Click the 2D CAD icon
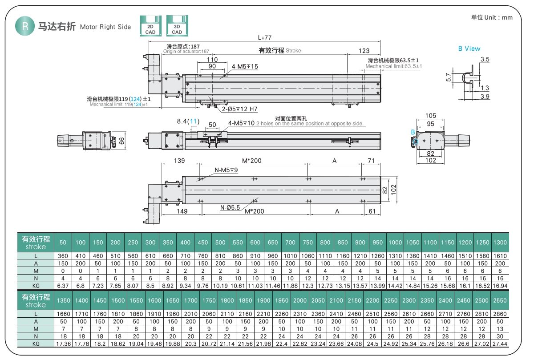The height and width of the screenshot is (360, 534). point(150,26)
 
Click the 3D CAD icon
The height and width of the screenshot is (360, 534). point(177,26)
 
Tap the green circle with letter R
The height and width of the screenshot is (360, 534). point(25,26)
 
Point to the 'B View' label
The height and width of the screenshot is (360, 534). point(469,49)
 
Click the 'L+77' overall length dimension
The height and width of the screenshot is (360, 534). point(264,37)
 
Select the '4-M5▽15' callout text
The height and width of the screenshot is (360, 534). point(245,66)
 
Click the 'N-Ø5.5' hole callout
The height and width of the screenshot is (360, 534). point(230,207)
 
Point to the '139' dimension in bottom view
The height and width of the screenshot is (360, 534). point(179,160)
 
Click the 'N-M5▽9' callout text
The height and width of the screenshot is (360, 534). point(226,170)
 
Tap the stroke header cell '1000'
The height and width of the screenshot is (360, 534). point(395,243)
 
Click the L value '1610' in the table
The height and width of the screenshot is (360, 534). point(500,256)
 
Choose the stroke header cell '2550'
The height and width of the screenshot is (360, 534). point(500,300)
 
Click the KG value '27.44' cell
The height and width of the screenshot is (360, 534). point(500,344)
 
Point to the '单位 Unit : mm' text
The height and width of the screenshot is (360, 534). point(492,18)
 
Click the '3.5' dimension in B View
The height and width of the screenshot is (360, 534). point(485,59)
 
